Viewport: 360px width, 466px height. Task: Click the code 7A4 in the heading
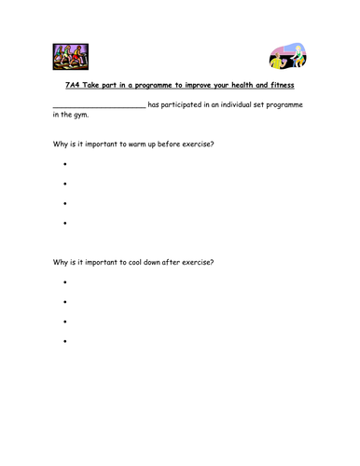[x=74, y=85]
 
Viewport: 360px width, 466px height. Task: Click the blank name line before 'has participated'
[x=99, y=106]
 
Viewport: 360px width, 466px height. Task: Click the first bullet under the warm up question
[x=65, y=164]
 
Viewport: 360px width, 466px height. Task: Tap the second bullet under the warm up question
[x=65, y=184]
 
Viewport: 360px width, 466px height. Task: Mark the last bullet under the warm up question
[x=65, y=223]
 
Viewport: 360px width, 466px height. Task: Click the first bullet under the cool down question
[x=65, y=281]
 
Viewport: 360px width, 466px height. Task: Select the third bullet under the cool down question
[x=65, y=322]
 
